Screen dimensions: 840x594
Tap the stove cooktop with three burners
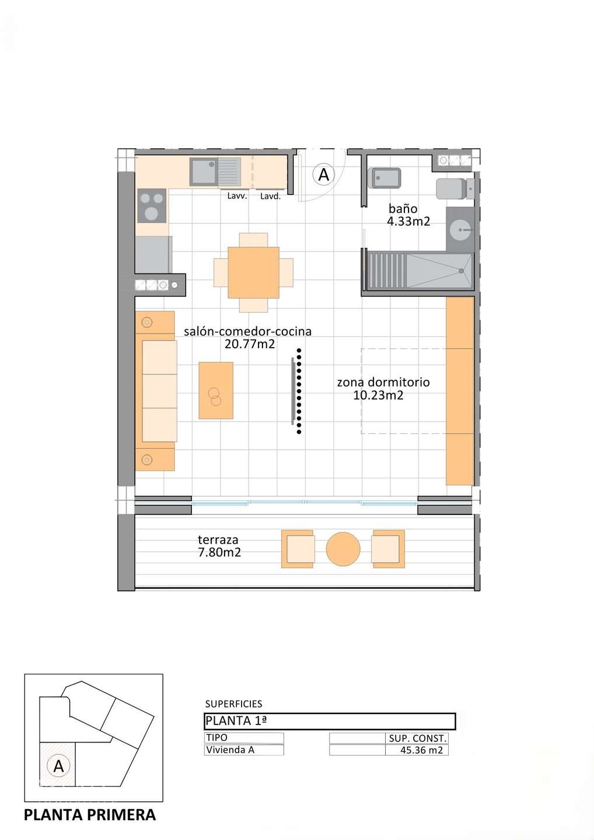tap(152, 206)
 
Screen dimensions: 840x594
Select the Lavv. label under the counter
tap(237, 196)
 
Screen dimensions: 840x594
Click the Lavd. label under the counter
tap(270, 197)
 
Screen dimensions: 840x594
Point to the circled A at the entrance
tap(323, 174)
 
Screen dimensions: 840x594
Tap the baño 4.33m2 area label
tap(408, 215)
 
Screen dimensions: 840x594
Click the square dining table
tap(253, 272)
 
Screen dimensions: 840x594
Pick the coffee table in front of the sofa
tap(216, 390)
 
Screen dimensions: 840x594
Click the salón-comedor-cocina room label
tap(248, 338)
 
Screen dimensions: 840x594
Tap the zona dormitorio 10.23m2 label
tap(383, 388)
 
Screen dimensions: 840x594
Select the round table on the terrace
tap(343, 549)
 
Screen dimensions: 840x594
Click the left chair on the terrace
tap(298, 549)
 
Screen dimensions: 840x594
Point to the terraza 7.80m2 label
tap(219, 546)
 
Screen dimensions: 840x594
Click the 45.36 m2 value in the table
tap(421, 750)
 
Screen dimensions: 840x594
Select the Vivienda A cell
tap(230, 750)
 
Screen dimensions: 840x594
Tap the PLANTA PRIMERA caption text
tap(90, 815)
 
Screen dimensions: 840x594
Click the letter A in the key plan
tap(58, 766)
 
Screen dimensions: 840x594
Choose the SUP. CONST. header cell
tap(417, 738)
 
